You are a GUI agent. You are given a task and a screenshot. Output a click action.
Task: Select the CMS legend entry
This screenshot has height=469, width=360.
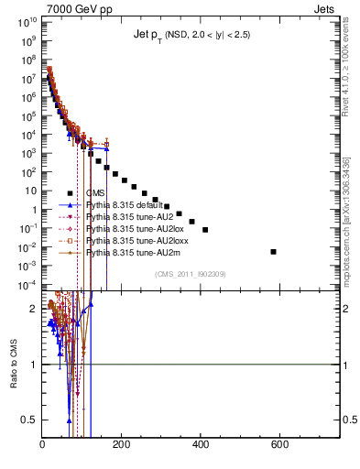(x=95, y=193)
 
